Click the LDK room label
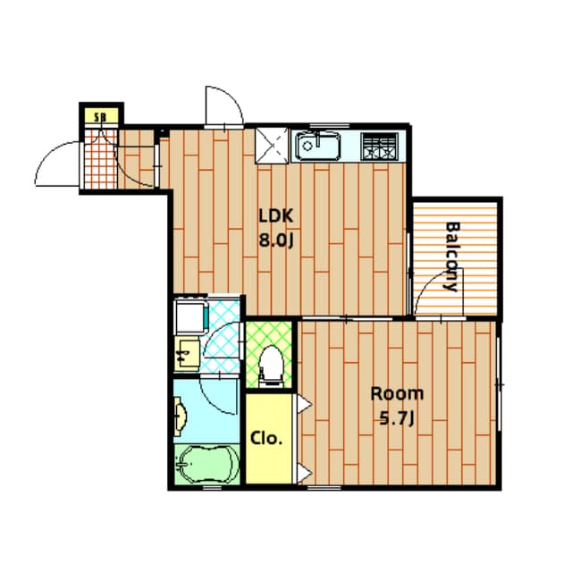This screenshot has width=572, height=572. (x=276, y=216)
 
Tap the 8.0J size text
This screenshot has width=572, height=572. (x=276, y=240)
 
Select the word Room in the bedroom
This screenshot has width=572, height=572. (x=397, y=394)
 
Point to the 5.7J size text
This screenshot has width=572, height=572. (x=397, y=418)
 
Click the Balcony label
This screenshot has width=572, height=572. (x=453, y=257)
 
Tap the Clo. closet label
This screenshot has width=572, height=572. (x=266, y=438)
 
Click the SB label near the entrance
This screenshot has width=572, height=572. (x=99, y=117)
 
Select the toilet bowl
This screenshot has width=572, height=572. (x=271, y=366)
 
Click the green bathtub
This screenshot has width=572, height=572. (x=207, y=464)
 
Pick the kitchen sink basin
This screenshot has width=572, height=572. (x=318, y=147)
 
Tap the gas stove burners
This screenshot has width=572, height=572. (x=379, y=147)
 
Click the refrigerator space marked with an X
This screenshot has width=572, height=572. (x=272, y=146)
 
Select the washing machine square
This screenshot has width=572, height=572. (x=191, y=316)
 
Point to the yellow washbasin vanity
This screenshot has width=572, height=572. (x=187, y=354)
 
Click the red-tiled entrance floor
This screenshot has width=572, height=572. (x=101, y=159)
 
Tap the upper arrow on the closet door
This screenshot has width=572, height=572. (x=304, y=404)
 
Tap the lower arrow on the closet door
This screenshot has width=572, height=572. (x=304, y=474)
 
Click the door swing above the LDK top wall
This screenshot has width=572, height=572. (x=224, y=105)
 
